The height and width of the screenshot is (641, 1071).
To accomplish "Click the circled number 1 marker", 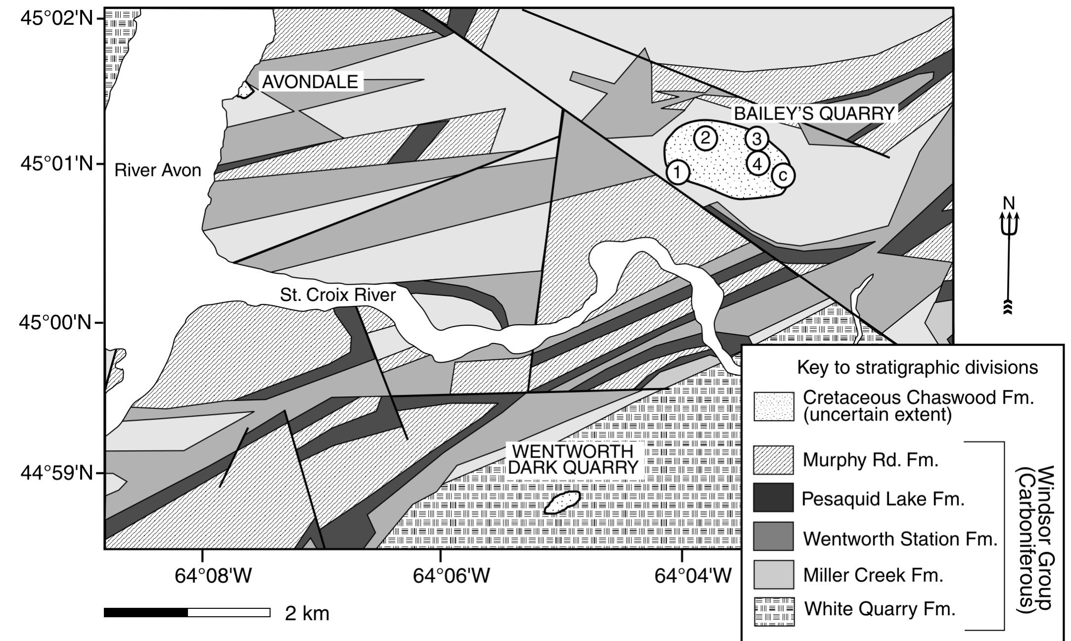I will [x=678, y=172].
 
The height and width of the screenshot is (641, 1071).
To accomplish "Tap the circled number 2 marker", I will [x=705, y=138].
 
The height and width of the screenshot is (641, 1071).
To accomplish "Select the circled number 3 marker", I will [x=757, y=139].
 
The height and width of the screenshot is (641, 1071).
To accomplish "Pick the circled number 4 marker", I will [x=757, y=163].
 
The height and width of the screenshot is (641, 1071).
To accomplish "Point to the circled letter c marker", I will [x=783, y=175].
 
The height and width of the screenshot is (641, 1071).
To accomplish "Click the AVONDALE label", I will [x=310, y=82].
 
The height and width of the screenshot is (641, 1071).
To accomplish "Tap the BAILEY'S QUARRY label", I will [x=814, y=114].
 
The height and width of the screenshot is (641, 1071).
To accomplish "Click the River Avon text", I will [x=158, y=171].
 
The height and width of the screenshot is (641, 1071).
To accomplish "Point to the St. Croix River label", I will [x=338, y=295].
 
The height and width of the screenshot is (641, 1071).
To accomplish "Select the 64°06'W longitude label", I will [x=451, y=575].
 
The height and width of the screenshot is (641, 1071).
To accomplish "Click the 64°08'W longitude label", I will [x=213, y=575].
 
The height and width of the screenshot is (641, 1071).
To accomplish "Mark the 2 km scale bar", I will [x=187, y=613].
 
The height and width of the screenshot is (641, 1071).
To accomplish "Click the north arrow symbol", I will [x=1009, y=257].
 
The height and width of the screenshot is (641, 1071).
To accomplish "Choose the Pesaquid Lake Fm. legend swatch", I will [x=773, y=497].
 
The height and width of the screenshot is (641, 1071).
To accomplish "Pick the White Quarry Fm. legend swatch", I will [x=773, y=612].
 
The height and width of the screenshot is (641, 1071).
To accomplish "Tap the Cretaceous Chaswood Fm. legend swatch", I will [x=773, y=406].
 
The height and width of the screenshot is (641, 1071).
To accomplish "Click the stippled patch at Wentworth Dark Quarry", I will [x=562, y=503].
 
